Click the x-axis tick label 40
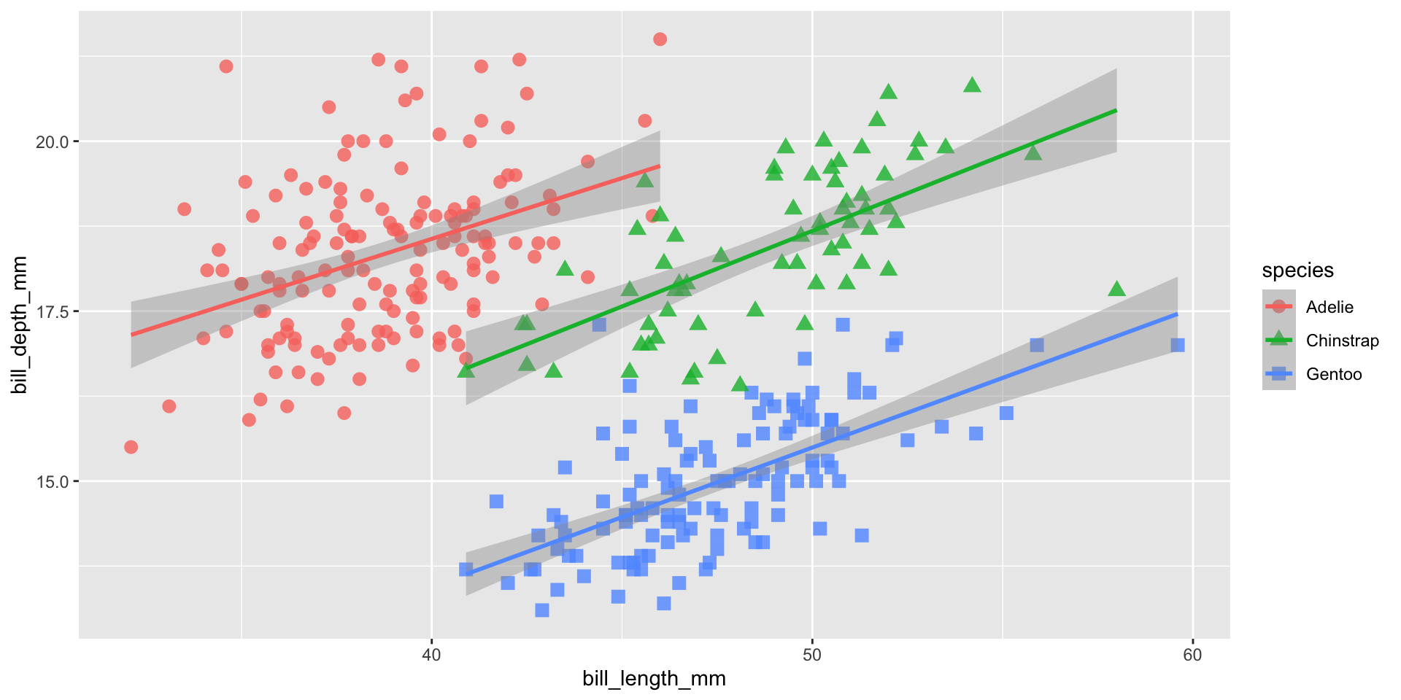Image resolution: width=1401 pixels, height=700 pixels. click(x=431, y=655)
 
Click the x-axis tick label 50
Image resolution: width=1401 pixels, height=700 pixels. click(x=811, y=655)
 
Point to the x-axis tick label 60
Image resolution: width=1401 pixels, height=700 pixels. click(x=1192, y=655)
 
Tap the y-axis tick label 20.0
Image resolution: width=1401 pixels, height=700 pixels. click(x=52, y=141)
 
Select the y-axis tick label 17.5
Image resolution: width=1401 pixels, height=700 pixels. click(x=52, y=311)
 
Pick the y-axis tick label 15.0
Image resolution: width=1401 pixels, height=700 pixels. click(x=52, y=481)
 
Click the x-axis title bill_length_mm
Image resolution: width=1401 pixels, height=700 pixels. click(x=654, y=679)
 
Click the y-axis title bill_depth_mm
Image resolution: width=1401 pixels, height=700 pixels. click(x=20, y=325)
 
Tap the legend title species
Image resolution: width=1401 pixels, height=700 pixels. click(x=1297, y=271)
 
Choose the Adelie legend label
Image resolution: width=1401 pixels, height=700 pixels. click(x=1329, y=307)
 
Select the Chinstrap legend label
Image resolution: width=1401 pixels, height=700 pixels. click(x=1342, y=341)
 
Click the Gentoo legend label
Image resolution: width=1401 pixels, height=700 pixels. click(x=1334, y=374)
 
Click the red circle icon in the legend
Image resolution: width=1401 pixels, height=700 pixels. click(x=1278, y=307)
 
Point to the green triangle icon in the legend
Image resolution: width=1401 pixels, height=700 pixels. click(x=1278, y=340)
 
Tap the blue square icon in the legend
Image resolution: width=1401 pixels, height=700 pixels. click(x=1278, y=374)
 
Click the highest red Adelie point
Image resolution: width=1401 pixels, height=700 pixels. click(x=660, y=39)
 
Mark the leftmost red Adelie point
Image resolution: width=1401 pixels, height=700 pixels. click(x=131, y=447)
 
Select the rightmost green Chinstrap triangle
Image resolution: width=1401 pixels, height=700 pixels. click(x=1116, y=289)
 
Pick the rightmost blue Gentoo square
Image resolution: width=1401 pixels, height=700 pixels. click(x=1177, y=345)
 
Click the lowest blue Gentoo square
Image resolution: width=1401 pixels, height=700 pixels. click(x=541, y=610)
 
